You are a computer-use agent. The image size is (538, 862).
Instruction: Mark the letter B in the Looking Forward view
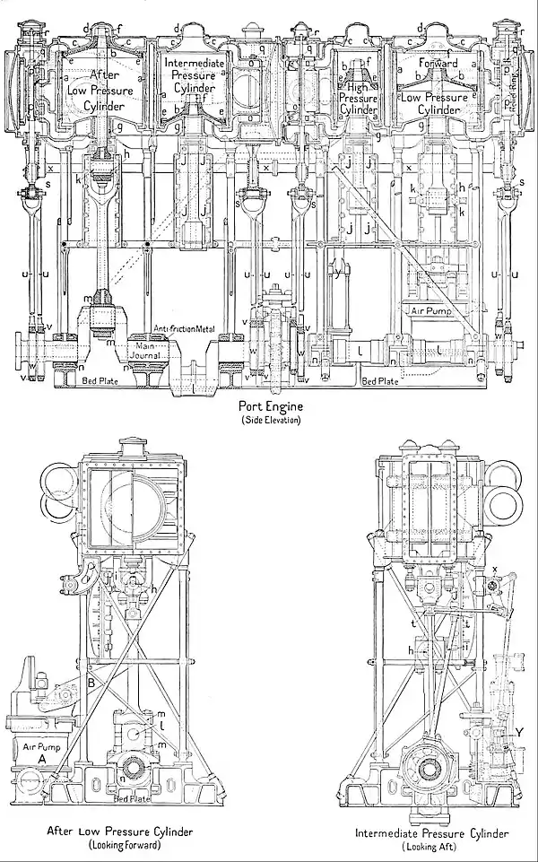(91, 683)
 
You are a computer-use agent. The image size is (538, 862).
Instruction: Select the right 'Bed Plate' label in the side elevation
(378, 380)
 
